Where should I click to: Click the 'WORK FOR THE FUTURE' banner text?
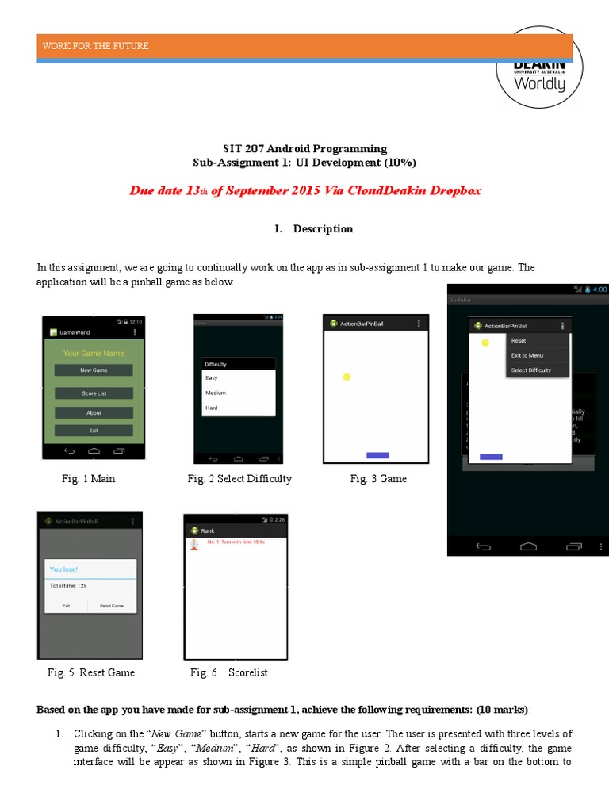pos(96,46)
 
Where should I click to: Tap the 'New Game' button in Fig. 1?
pos(94,370)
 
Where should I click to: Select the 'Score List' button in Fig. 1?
pos(94,393)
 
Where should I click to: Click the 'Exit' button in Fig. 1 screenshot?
pos(94,430)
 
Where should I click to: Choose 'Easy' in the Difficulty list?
pos(212,378)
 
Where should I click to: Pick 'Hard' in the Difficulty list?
pos(212,408)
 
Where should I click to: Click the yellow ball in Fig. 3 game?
pos(347,377)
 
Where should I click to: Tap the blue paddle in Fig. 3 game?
pos(377,455)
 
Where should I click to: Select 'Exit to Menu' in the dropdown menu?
pos(528,355)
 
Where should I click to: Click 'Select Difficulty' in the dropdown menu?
pos(531,370)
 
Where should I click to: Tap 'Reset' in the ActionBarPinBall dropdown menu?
pos(519,340)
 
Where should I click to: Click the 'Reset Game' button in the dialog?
pos(112,605)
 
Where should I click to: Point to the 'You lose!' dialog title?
pos(64,569)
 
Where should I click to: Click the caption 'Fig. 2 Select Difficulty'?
pos(239,479)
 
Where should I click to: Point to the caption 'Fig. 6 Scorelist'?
pos(228,672)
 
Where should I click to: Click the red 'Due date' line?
pos(305,190)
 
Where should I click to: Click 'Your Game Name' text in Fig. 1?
pos(94,353)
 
